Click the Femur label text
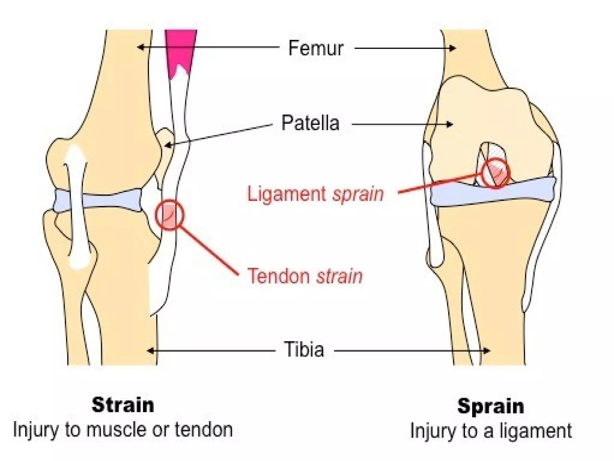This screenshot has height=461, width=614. point(316,48)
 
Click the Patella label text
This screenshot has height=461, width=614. point(310,123)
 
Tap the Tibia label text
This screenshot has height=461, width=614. point(304,349)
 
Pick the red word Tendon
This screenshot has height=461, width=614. point(279,276)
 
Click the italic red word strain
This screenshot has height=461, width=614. point(340,276)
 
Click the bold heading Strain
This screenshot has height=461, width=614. point(123,405)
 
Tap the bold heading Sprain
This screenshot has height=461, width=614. point(491,406)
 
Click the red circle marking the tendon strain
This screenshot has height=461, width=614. point(170,215)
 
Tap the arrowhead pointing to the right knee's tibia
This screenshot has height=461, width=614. point(487,351)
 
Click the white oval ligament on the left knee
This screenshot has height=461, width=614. point(77,207)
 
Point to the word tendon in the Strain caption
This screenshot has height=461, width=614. point(204,430)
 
